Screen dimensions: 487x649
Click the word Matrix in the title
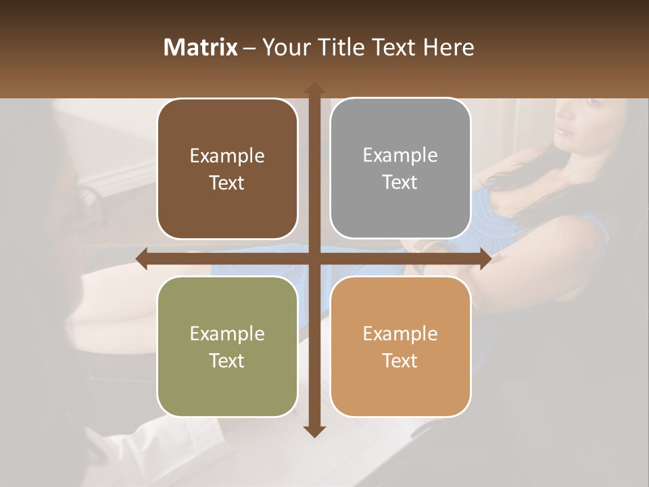pyautogui.click(x=201, y=47)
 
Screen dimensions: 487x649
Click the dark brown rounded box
pyautogui.click(x=227, y=169)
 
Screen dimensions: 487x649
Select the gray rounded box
pyautogui.click(x=400, y=168)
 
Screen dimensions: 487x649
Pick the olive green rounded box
pyautogui.click(x=227, y=346)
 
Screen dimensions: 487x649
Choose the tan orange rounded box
pyautogui.click(x=400, y=346)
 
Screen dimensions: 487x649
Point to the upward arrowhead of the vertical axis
pyautogui.click(x=314, y=88)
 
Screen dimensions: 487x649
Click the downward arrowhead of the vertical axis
pyautogui.click(x=314, y=431)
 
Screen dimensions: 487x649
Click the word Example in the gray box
pyautogui.click(x=400, y=156)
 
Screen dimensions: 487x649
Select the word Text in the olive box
pyautogui.click(x=227, y=361)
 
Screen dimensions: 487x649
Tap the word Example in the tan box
pyautogui.click(x=400, y=333)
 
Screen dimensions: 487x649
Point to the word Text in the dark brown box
pyautogui.click(x=227, y=183)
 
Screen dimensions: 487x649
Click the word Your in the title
pyautogui.click(x=283, y=47)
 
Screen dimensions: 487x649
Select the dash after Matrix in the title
pyautogui.click(x=249, y=48)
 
